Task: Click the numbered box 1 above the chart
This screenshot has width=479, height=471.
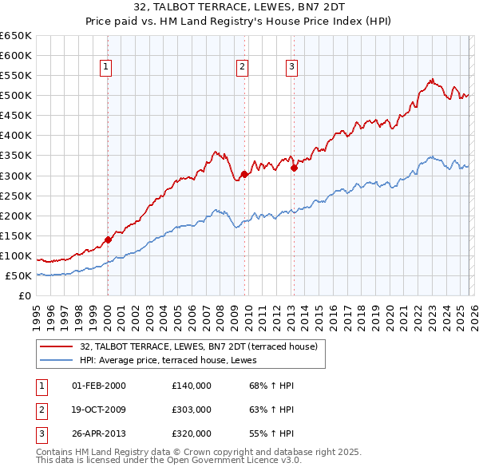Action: [x=107, y=68]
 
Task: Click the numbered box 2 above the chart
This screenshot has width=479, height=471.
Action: [x=242, y=68]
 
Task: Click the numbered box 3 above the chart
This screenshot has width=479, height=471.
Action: [x=291, y=68]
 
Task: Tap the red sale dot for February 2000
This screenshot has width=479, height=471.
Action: [x=108, y=239]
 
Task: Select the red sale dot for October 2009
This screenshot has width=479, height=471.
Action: [x=243, y=174]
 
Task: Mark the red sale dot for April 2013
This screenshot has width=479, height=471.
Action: [x=294, y=168]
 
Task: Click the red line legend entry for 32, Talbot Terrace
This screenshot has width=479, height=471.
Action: [x=199, y=346]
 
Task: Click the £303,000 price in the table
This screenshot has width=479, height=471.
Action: [x=192, y=410]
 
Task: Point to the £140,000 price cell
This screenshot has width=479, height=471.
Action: [x=192, y=386]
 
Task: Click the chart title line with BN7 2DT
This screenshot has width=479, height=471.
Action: [x=239, y=10]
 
